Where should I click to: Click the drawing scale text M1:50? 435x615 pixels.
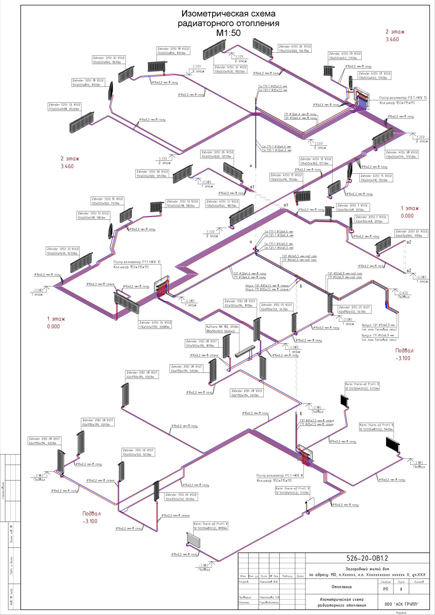[x=228, y=33]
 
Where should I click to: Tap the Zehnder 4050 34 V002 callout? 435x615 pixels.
[x=155, y=324]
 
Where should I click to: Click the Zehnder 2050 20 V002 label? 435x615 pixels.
[x=412, y=234]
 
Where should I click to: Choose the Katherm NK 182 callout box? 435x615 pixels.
[x=223, y=329]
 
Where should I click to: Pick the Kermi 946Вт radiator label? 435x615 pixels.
[x=377, y=427]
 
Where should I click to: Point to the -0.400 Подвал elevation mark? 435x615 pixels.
[x=403, y=295]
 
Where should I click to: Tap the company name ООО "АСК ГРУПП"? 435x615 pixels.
[x=402, y=604]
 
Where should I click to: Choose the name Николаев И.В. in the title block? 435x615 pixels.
[x=269, y=582]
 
